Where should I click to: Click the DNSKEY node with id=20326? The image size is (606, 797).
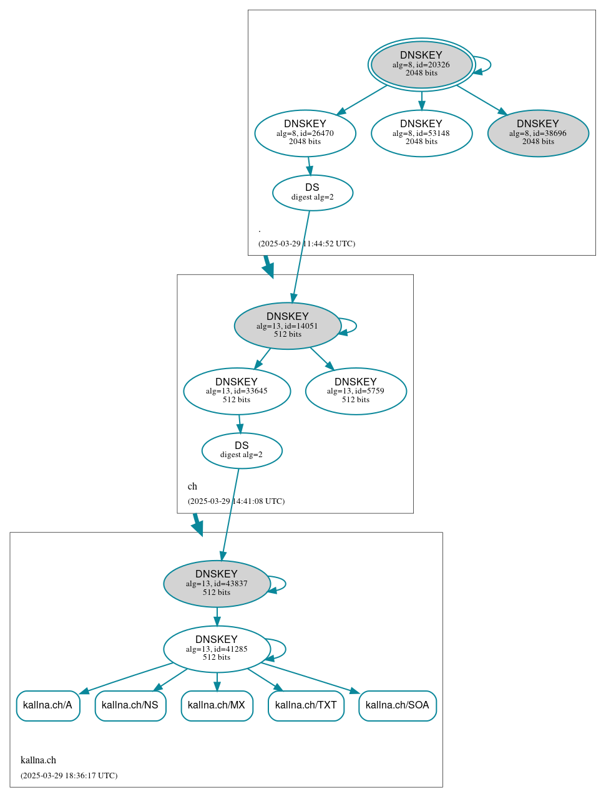pos(421,64)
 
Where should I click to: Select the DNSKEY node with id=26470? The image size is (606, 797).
pos(305,133)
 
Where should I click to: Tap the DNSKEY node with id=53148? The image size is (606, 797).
pos(421,133)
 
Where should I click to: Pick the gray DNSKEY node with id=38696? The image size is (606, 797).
pos(538,133)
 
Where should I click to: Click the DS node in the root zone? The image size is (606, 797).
pos(313,193)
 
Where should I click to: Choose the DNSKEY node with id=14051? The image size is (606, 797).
pos(287,326)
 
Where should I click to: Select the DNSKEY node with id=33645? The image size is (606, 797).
pos(237,391)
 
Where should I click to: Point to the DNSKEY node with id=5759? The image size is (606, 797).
pos(356,391)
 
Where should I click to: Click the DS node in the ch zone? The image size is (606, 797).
pos(242,450)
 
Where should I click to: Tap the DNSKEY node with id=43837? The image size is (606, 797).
pos(217,584)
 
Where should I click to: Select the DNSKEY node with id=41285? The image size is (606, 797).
pos(217,649)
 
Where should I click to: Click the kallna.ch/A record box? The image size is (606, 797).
pos(48,705)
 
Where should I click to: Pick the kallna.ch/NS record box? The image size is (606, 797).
pos(130,705)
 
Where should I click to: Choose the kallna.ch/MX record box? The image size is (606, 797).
pos(217,705)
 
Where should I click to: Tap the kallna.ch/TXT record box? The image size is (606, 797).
pos(306,705)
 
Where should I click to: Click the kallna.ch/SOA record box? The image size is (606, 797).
pos(397,705)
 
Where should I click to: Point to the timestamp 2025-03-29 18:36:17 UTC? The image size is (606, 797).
pos(69,776)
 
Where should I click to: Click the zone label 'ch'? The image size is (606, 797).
pos(192,486)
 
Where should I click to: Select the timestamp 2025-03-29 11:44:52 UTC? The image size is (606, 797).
pos(306,244)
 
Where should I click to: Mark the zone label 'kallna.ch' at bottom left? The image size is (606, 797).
pos(38,760)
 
